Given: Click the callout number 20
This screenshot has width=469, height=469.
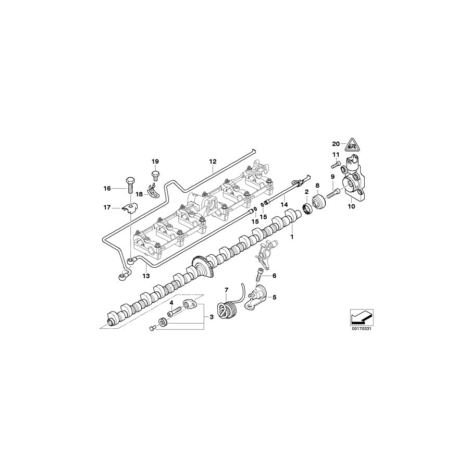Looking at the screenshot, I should [336, 143].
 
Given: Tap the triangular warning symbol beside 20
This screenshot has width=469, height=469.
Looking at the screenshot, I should [353, 144].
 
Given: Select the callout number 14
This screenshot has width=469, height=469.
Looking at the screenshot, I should [284, 205].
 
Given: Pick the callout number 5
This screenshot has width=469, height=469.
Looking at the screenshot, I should [275, 298].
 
